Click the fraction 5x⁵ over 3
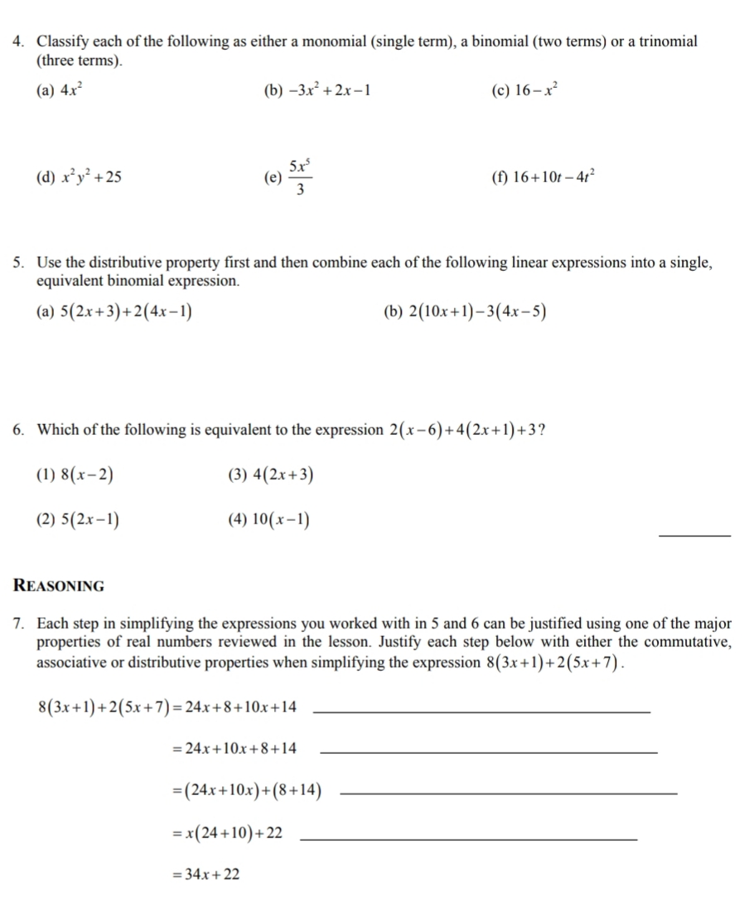pos(300,176)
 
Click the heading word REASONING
pos(60,586)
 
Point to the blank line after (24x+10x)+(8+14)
pos(509,793)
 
